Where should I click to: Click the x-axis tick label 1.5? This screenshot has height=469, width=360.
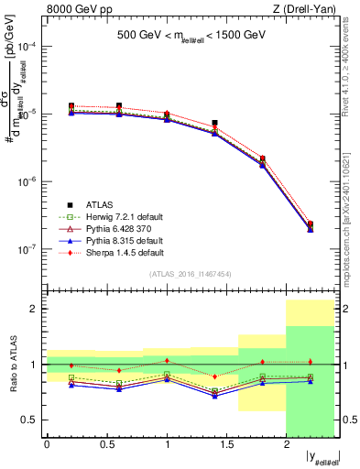[226, 445]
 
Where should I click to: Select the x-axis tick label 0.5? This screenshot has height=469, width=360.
[106, 445]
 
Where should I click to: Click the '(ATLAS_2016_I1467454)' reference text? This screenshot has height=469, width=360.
[191, 274]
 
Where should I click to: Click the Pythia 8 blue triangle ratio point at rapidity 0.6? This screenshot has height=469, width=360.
[119, 389]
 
